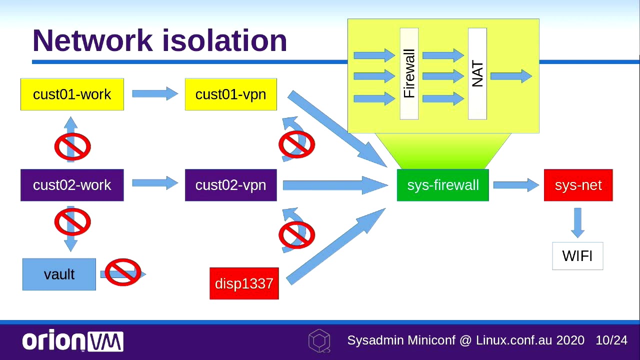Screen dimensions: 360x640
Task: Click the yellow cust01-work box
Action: pyautogui.click(x=72, y=94)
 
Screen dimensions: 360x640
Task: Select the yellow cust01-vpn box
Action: pyautogui.click(x=230, y=94)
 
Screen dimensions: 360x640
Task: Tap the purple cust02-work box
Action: pyautogui.click(x=72, y=185)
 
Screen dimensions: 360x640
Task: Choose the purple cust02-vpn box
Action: pyautogui.click(x=230, y=185)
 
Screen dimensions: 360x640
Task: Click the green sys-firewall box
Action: pyautogui.click(x=442, y=185)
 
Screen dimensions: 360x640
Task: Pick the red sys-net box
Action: pyautogui.click(x=578, y=185)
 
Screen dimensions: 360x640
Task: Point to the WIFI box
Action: pyautogui.click(x=577, y=256)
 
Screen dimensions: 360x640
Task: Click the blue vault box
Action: pyautogui.click(x=59, y=274)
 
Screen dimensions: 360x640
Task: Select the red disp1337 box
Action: pyautogui.click(x=244, y=283)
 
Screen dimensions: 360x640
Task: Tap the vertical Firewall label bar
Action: pyautogui.click(x=409, y=73)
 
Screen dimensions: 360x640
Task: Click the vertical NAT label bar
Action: pyautogui.click(x=477, y=73)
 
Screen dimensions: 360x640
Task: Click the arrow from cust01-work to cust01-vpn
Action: pyautogui.click(x=154, y=93)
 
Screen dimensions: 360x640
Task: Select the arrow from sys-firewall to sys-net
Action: pyautogui.click(x=515, y=185)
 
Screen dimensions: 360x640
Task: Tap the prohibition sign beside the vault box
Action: pyautogui.click(x=123, y=272)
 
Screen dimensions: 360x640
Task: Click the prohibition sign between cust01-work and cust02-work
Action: pyautogui.click(x=72, y=146)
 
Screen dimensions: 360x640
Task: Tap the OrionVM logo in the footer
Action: pyautogui.click(x=72, y=341)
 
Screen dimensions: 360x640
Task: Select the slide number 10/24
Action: pyautogui.click(x=611, y=340)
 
